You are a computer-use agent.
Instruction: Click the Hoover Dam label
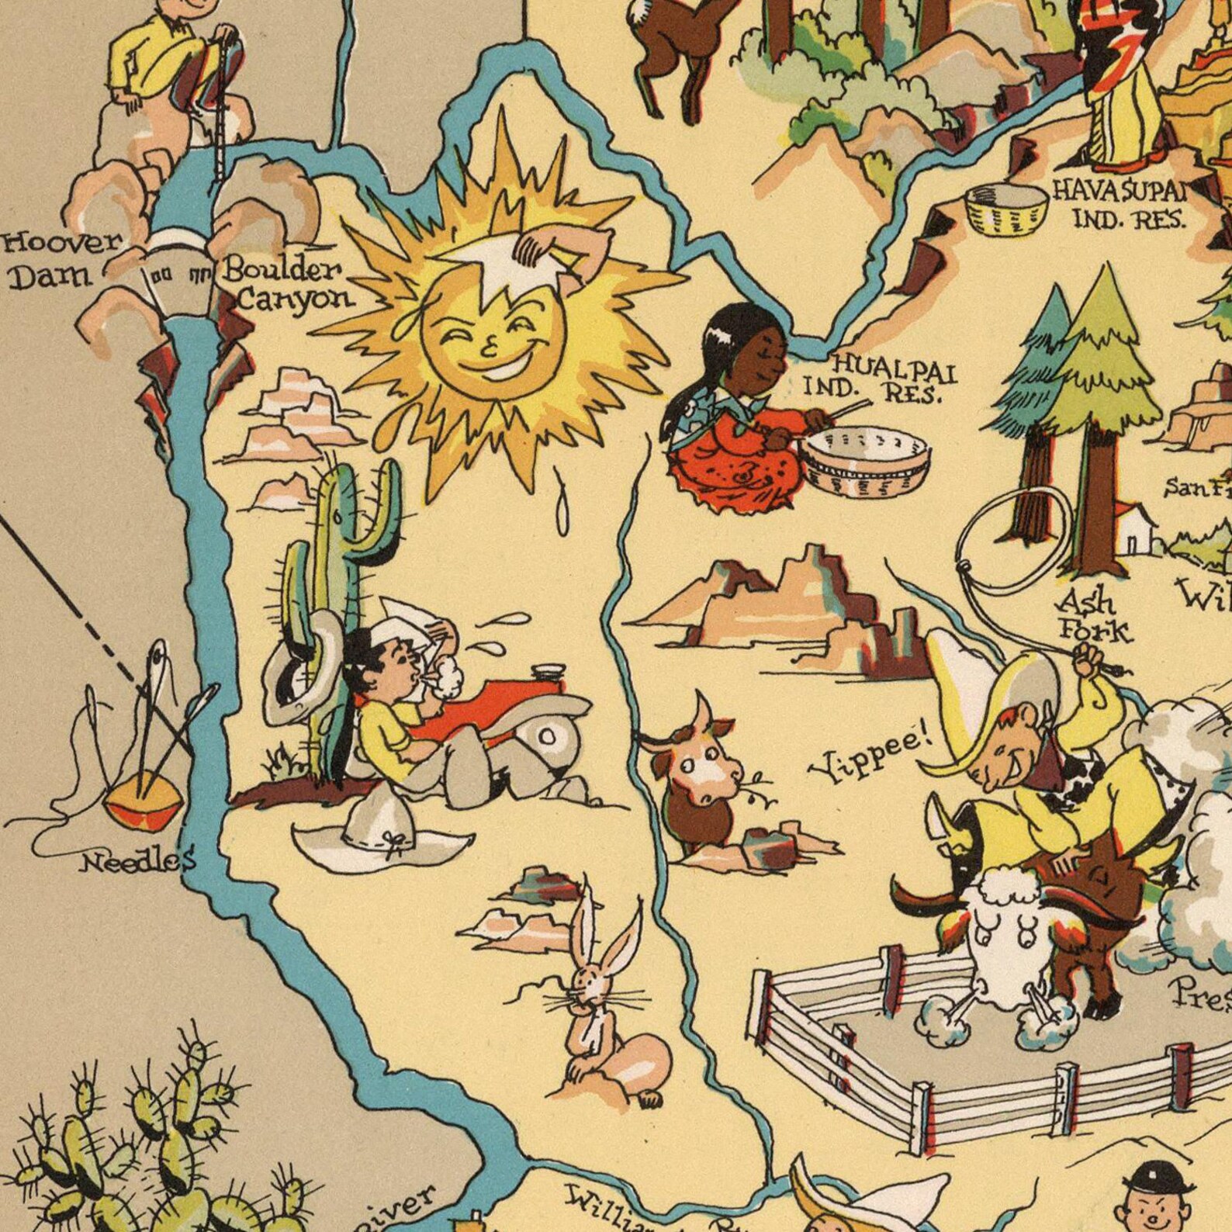tap(62, 258)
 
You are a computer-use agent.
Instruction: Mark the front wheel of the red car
tap(547, 733)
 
